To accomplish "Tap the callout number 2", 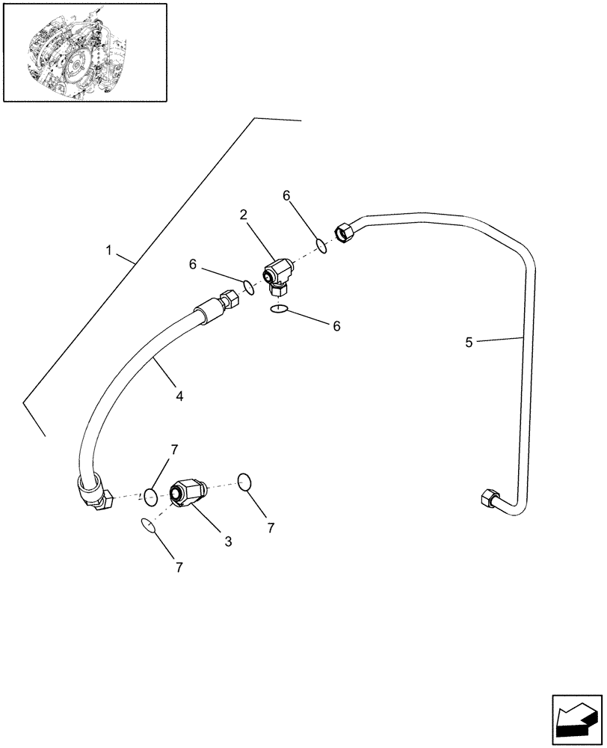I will pos(244,215).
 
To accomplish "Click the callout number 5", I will pos(469,343).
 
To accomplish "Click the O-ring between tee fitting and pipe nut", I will pos(321,245).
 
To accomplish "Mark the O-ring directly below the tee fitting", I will pos(279,309).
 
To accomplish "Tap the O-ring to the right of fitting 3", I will pos(244,482).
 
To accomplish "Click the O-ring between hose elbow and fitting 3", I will pos(150,495).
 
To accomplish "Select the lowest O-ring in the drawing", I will pos(149,527).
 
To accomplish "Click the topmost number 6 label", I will pos(286,196).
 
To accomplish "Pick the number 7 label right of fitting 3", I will pos(271,527).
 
